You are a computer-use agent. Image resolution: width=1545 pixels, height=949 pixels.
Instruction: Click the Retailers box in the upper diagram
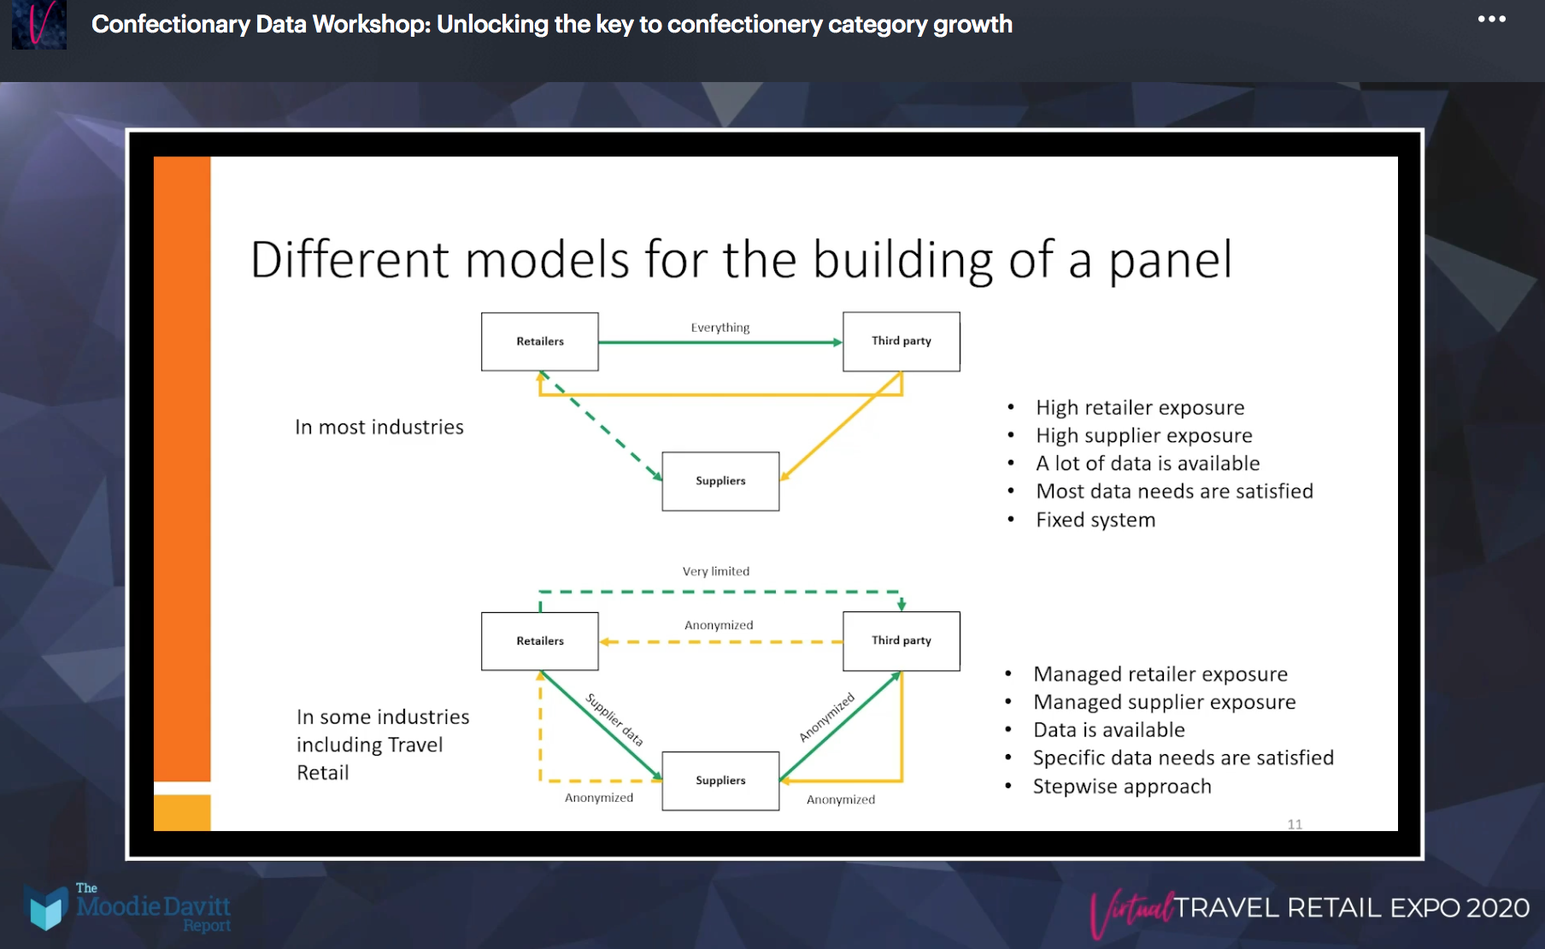[x=539, y=341]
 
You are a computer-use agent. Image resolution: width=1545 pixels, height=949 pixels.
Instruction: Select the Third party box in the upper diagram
[x=901, y=341]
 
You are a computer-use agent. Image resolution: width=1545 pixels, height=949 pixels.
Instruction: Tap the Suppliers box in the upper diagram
[x=720, y=481]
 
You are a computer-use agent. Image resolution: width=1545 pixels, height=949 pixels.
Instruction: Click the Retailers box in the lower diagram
[x=539, y=641]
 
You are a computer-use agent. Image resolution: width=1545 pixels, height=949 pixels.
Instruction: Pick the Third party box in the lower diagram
[x=901, y=640]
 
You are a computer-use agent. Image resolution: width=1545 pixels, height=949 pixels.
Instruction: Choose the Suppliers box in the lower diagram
[x=720, y=781]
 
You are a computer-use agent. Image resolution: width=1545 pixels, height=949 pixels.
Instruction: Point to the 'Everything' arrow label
[x=720, y=327]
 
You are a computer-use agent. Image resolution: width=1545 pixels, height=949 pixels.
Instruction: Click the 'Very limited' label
[x=715, y=571]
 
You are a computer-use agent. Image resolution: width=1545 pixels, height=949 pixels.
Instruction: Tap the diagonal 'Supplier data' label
[x=614, y=720]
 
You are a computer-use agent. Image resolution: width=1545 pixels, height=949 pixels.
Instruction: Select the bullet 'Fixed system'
[x=1095, y=520]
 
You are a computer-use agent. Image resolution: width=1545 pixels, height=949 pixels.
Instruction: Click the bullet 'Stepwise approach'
[x=1121, y=787]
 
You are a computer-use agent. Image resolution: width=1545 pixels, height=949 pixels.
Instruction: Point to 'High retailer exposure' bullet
[x=1139, y=408]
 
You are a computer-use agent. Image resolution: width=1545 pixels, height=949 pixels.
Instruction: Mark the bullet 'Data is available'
[x=1108, y=730]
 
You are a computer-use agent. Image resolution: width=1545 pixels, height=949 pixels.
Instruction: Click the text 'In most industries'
[x=379, y=427]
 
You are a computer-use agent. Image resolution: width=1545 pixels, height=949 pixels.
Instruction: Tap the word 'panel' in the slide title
[x=1170, y=261]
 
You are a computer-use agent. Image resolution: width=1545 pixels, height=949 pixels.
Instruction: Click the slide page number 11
[x=1295, y=824]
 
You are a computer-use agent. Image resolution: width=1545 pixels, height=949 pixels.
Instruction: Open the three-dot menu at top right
[x=1491, y=20]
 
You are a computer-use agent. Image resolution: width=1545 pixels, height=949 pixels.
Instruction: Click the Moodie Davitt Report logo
[x=128, y=908]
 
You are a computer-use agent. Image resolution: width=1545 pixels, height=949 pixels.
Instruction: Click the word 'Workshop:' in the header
[x=372, y=25]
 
